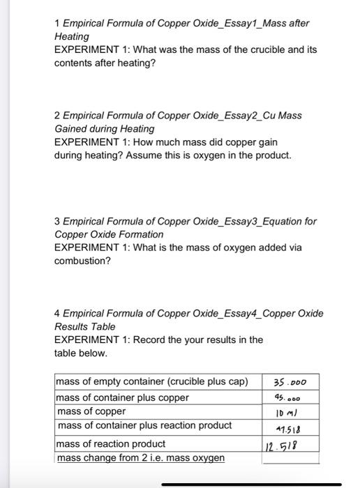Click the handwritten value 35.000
coord(291,382)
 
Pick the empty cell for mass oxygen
coord(291,457)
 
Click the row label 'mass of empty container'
coord(151,381)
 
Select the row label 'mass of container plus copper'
coord(122,397)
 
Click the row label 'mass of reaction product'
coord(110,443)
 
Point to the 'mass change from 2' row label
coord(140,457)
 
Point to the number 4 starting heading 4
coord(57,313)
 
